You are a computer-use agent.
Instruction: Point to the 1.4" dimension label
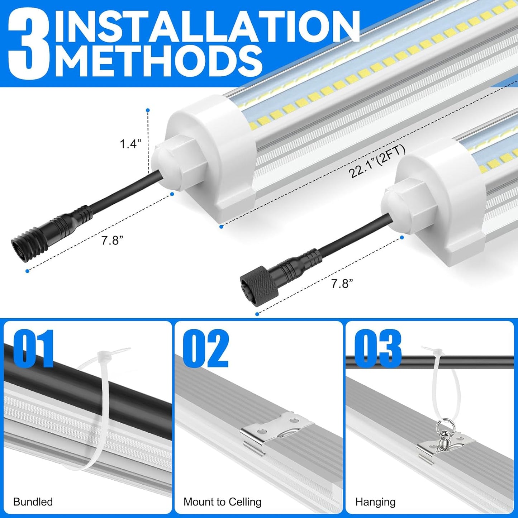(x=130, y=144)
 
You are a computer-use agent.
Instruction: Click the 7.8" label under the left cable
(x=112, y=240)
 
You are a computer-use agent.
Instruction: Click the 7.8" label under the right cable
(x=342, y=284)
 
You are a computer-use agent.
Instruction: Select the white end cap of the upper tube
(x=212, y=151)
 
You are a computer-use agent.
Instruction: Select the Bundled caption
(x=33, y=502)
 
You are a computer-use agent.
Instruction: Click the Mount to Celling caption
(x=222, y=502)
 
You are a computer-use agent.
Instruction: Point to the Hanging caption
(x=375, y=502)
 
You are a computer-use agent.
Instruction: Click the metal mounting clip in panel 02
(x=276, y=432)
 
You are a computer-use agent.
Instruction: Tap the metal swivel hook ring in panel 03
(x=441, y=430)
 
